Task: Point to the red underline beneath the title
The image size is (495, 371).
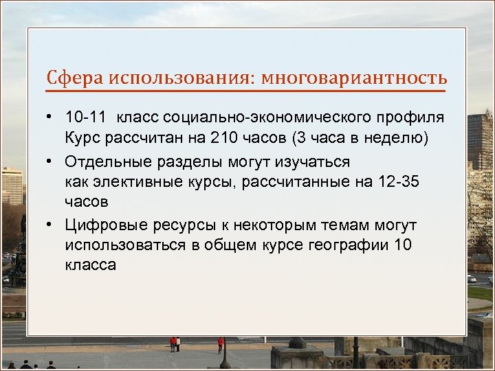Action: (x=246, y=91)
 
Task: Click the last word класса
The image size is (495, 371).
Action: (x=91, y=265)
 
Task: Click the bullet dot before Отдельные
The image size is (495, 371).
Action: (x=52, y=161)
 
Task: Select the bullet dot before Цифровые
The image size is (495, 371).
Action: (x=52, y=225)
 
